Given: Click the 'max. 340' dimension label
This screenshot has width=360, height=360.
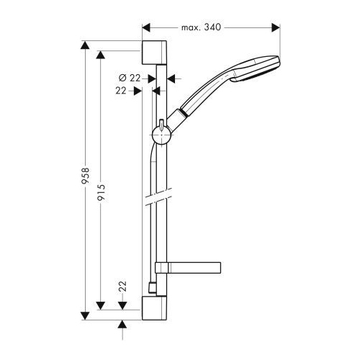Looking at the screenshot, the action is point(201,27).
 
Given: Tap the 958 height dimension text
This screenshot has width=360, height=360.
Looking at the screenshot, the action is point(86,176).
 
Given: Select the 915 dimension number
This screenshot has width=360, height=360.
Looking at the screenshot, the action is point(101,192).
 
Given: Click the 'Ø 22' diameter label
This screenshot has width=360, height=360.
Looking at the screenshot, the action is point(130,78).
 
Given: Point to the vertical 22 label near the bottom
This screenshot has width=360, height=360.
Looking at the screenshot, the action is point(122,286).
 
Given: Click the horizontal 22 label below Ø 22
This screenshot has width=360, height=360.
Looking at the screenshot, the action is point(121,91).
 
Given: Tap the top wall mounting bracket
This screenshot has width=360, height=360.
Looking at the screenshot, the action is point(154,53).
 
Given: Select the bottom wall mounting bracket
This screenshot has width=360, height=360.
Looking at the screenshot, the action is point(154,308).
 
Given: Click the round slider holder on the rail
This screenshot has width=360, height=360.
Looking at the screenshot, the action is point(161,135).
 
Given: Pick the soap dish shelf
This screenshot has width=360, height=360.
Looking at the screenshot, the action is point(188,268).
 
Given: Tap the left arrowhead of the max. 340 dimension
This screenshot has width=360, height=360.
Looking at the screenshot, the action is point(146,27).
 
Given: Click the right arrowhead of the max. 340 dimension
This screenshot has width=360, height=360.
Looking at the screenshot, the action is point(276,27).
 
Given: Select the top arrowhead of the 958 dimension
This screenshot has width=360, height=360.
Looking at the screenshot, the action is point(85,45).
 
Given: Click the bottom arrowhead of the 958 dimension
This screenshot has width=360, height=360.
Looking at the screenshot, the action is point(85,316).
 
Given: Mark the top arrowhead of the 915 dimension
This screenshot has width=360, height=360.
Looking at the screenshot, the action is point(100,55).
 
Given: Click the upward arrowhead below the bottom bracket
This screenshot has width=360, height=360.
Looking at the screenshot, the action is point(122,324).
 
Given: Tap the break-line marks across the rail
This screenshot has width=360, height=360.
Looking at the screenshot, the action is point(158,197).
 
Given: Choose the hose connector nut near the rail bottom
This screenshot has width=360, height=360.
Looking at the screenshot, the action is point(152,288).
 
